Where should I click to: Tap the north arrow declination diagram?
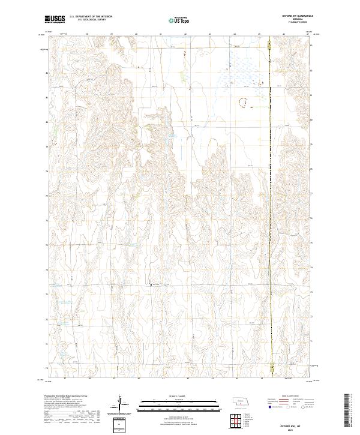coord(120,402)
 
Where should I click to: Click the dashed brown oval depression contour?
coord(244,104)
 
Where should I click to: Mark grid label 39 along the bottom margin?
coord(113,379)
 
